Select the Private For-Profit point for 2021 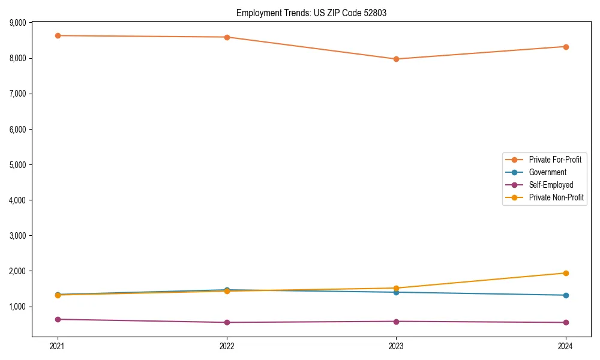click(x=58, y=35)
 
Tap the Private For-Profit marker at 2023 click(x=396, y=59)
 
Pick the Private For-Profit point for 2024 click(x=566, y=47)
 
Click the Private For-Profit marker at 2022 click(x=227, y=37)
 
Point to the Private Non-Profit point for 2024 click(x=566, y=273)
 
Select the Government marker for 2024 click(x=566, y=295)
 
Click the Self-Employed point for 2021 click(x=58, y=319)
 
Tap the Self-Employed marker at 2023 click(x=396, y=322)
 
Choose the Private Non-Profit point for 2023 click(x=396, y=288)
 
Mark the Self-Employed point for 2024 click(x=566, y=322)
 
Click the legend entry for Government click(x=547, y=172)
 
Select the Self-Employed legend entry click(x=551, y=185)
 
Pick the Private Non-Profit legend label click(x=556, y=197)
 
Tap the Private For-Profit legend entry click(x=554, y=160)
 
